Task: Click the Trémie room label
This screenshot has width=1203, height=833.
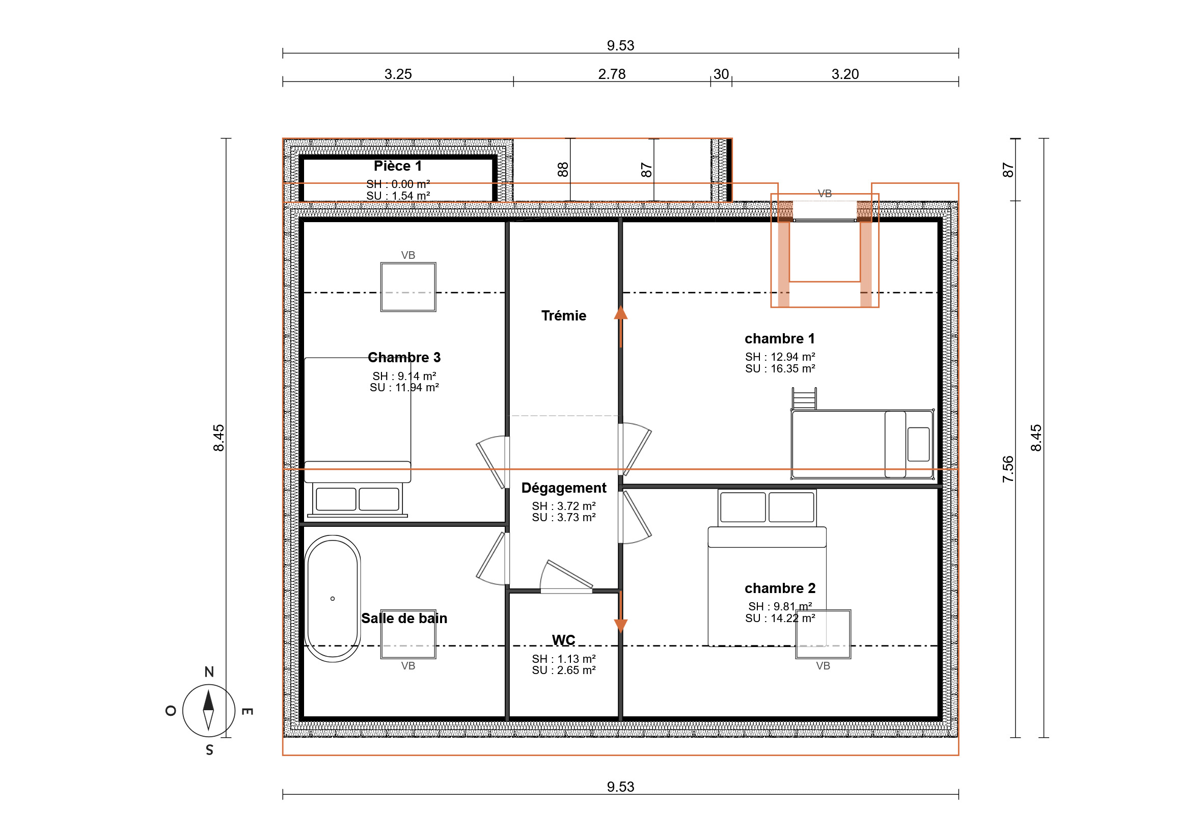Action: click(563, 316)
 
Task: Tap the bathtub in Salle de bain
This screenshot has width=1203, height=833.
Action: click(332, 599)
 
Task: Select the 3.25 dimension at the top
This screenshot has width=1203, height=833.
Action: click(398, 74)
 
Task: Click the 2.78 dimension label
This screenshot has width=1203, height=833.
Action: click(611, 74)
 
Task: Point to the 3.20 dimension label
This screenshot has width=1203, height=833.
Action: click(844, 74)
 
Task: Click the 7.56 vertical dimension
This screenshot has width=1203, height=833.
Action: click(1007, 469)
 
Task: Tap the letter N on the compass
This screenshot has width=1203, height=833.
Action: click(209, 671)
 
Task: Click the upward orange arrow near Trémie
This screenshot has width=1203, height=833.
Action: click(620, 326)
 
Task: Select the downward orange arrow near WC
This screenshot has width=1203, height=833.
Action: click(620, 612)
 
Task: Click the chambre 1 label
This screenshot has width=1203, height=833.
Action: click(779, 339)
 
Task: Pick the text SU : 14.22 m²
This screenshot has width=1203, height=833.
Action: click(780, 619)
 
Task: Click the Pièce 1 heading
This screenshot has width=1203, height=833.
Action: click(398, 166)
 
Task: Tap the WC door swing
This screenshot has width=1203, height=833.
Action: click(566, 577)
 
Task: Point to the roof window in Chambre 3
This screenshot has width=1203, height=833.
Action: click(408, 287)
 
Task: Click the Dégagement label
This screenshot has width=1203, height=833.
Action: click(563, 488)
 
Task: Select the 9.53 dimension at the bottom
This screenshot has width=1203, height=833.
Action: click(620, 787)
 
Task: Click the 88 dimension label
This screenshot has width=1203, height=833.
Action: click(562, 170)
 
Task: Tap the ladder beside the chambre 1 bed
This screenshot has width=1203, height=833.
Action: click(804, 399)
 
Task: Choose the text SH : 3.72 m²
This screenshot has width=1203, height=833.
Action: click(563, 506)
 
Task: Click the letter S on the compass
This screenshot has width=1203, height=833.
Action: click(209, 750)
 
